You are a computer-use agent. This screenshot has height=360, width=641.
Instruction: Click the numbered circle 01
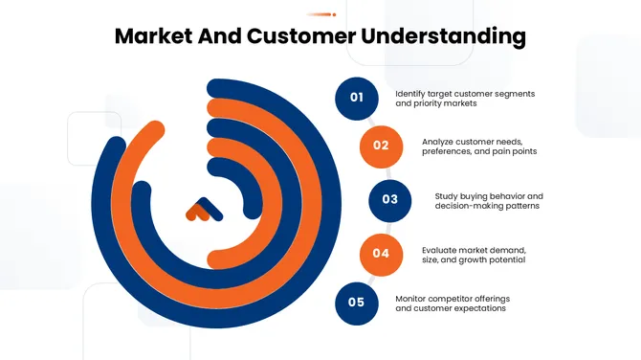point(357,97)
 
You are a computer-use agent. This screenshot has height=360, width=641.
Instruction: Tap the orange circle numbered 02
point(381,146)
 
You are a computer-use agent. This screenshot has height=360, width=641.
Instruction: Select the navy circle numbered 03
point(389,199)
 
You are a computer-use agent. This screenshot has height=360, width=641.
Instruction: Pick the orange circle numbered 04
point(381,253)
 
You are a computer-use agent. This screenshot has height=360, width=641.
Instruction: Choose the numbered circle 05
point(357,303)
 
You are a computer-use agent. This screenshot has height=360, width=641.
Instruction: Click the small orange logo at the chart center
point(202,211)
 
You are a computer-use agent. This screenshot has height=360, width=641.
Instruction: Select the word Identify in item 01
point(412,93)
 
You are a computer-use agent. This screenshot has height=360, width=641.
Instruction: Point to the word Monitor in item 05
point(412,299)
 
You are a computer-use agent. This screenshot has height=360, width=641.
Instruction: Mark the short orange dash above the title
point(320,14)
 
